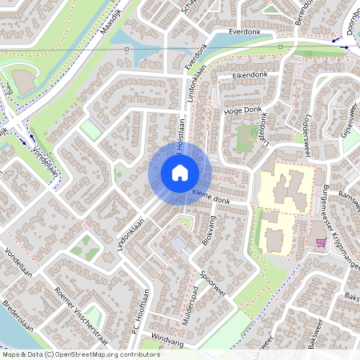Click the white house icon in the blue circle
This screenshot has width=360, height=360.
coord(179,172)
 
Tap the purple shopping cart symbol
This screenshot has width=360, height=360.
coord(321,242)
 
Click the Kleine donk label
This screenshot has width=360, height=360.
coord(210,197)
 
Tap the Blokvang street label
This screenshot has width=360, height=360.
coord(210,230)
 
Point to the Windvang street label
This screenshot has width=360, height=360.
coord(167,341)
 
